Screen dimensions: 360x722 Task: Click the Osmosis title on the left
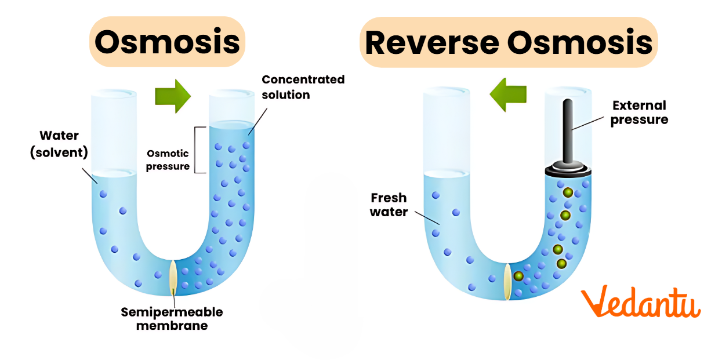(x=167, y=42)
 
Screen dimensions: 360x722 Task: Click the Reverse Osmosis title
(x=509, y=42)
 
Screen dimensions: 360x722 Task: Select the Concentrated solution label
(x=303, y=86)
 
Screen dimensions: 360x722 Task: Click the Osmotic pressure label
(x=168, y=159)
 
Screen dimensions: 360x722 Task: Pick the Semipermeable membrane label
(x=172, y=318)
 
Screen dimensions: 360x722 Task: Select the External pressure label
(x=639, y=112)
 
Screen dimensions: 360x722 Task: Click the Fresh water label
(x=389, y=205)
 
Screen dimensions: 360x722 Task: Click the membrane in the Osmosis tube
(x=173, y=277)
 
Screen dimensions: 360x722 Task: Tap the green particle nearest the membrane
(x=518, y=277)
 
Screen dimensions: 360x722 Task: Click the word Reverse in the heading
(x=430, y=42)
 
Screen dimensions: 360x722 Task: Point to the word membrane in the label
(x=172, y=325)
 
